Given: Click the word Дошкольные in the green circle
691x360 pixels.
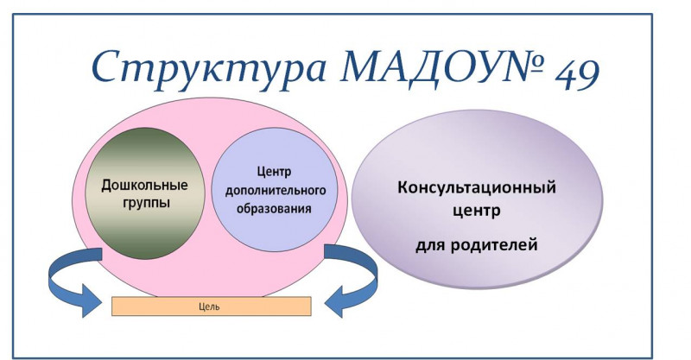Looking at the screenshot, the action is tap(144, 185).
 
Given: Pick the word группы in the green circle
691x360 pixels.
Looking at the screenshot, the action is tap(145, 204).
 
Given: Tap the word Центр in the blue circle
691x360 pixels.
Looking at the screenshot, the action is tap(274, 172).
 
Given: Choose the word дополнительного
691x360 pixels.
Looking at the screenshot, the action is tap(276, 190).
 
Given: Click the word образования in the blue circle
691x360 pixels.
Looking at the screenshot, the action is tap(274, 208).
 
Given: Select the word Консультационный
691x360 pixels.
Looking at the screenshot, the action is tap(477, 187).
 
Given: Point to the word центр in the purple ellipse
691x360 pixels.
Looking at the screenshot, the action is tap(477, 210).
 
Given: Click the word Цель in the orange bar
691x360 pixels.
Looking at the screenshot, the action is tap(209, 306).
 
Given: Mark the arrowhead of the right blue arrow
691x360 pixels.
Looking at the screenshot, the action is tap(334, 302).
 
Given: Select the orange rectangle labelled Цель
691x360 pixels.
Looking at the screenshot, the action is tap(212, 306).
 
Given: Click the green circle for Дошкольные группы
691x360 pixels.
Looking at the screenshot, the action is tap(145, 194).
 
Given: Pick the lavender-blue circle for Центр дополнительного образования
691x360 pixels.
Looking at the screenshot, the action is tap(275, 189).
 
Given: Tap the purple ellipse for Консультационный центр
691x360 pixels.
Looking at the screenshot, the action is tap(477, 199).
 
